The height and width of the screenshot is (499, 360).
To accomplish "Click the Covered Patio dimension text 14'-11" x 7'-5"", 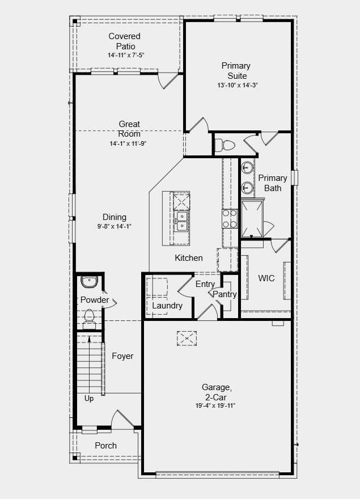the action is (126, 55).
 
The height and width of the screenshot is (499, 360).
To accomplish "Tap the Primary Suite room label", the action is (236, 71).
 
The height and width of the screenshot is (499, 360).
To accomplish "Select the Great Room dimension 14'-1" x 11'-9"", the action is (128, 143).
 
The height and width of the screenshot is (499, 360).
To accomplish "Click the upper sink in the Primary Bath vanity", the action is (247, 167).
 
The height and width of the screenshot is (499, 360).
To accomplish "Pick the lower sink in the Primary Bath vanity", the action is (247, 188).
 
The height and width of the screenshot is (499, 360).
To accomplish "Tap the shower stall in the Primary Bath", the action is (252, 219).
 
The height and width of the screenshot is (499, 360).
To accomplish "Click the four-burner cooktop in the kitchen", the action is (230, 219).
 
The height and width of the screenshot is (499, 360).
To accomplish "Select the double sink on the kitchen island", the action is (182, 221).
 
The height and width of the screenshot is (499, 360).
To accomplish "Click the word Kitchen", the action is (189, 258).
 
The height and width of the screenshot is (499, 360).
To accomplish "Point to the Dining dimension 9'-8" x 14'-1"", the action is (115, 226).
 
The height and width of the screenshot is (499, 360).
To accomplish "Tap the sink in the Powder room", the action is (89, 282).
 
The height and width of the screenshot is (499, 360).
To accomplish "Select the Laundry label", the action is (167, 306).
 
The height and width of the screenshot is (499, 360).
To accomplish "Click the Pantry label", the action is (225, 294).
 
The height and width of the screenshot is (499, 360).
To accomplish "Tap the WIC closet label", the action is (266, 278).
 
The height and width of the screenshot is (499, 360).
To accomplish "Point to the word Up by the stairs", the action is (89, 399).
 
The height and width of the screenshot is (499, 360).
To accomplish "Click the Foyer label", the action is (122, 356).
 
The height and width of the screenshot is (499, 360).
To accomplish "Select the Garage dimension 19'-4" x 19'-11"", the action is (215, 406).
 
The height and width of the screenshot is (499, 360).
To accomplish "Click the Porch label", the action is (105, 446).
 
